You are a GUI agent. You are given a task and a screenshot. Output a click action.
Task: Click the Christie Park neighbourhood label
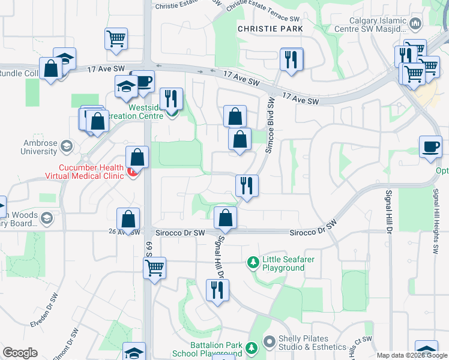click(269, 28)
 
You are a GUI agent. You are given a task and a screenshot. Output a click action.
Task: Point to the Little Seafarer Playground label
click(283, 263)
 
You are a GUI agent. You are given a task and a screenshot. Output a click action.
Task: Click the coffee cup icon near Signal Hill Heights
click(431, 147)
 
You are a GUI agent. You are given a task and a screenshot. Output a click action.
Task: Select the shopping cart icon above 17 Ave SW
click(116, 38)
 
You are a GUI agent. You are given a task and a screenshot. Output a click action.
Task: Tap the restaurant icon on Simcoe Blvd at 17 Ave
click(292, 59)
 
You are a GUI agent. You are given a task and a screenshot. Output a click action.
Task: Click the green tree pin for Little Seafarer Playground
click(253, 263)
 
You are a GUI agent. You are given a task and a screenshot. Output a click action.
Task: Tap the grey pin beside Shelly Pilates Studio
click(269, 341)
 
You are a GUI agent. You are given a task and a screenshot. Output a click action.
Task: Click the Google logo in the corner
click(20, 353)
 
